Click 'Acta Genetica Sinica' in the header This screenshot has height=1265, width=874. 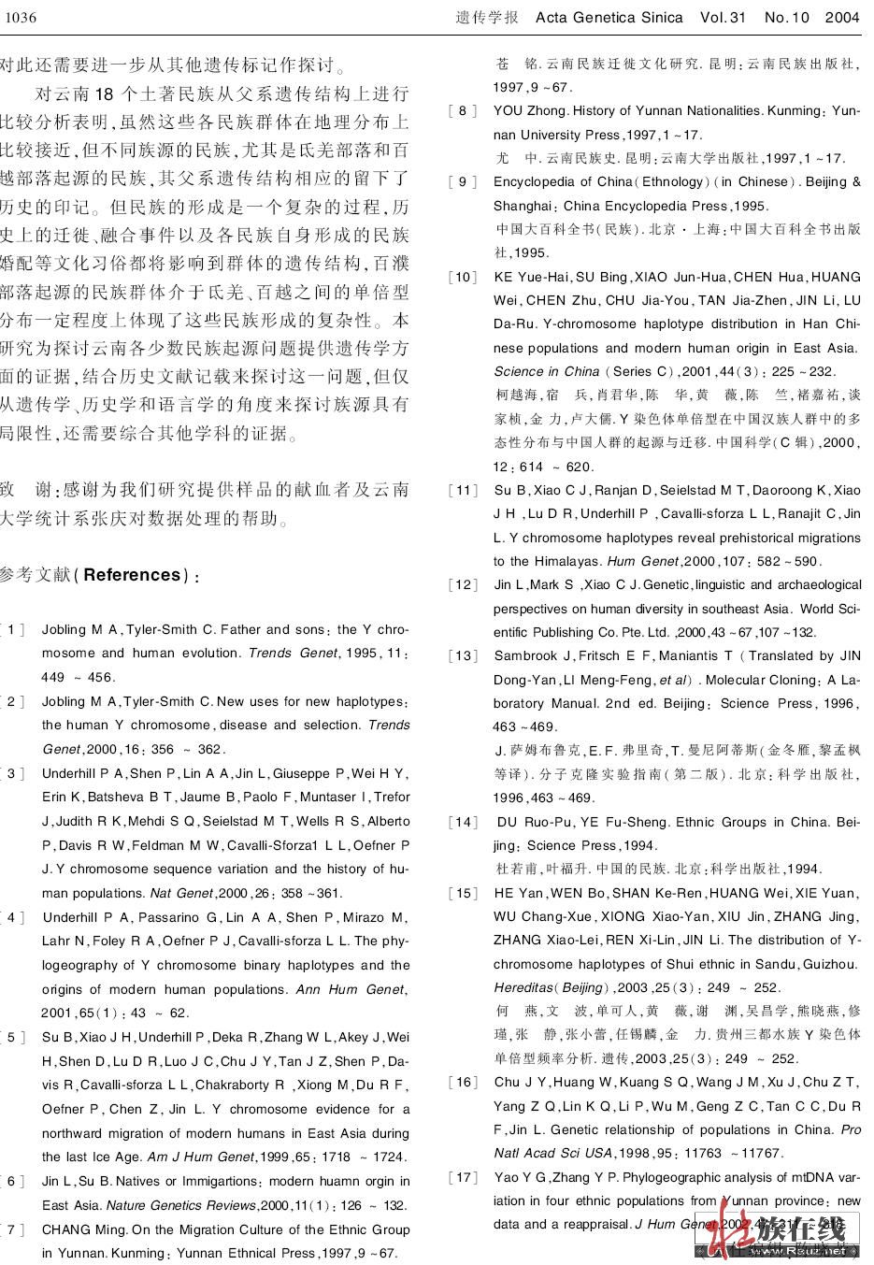tap(609, 17)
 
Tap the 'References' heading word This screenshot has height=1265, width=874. tap(132, 574)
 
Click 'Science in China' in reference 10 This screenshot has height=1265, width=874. tap(547, 371)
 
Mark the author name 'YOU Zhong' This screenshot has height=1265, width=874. tap(531, 111)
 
